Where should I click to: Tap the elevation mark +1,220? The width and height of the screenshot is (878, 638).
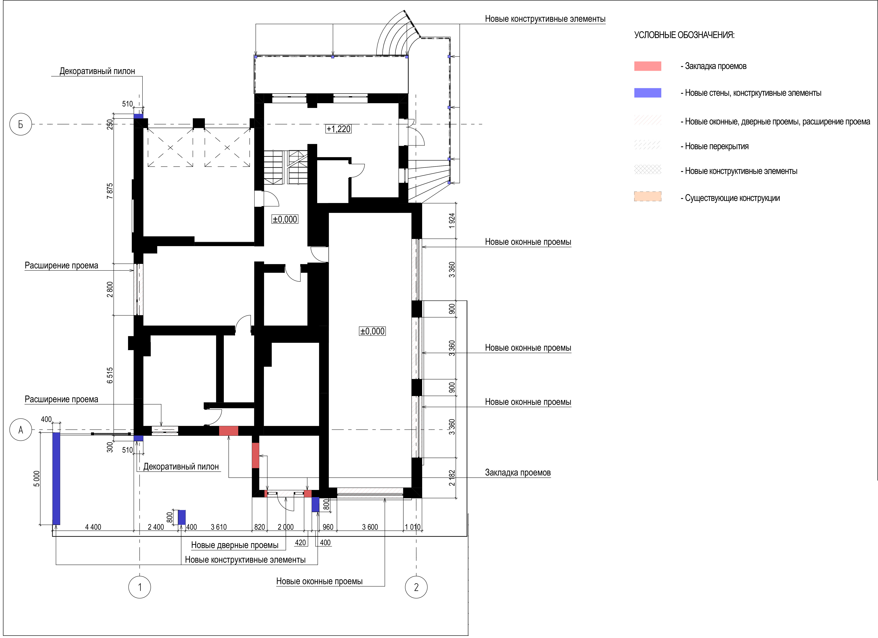[x=338, y=129]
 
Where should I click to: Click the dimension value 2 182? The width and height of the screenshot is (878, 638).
[x=452, y=478]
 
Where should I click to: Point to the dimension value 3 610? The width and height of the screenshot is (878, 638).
[x=219, y=527]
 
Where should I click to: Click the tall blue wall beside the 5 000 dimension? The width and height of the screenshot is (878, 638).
[x=56, y=478]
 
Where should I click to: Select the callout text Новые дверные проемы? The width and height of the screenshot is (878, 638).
[x=235, y=545]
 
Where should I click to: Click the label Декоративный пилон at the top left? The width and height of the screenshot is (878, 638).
[x=97, y=71]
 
